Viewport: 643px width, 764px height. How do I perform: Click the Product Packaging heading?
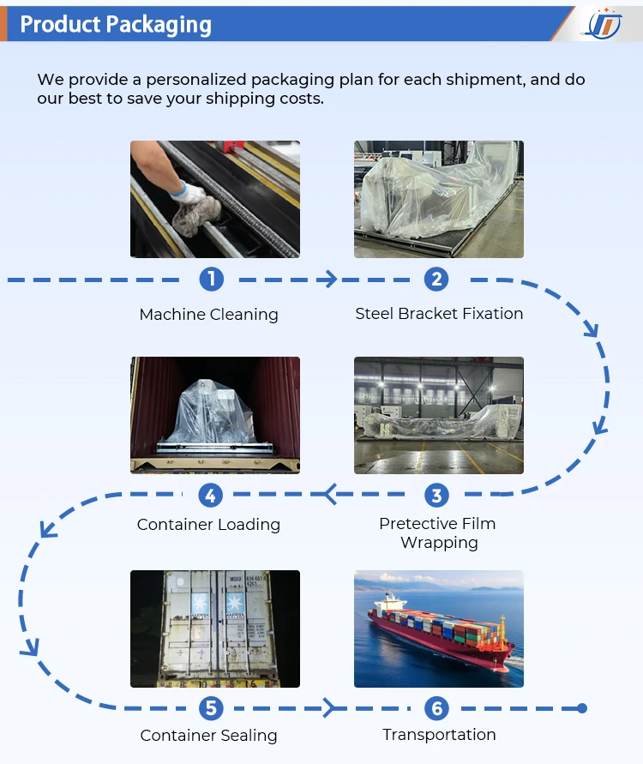(116, 24)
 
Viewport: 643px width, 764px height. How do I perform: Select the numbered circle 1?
(212, 279)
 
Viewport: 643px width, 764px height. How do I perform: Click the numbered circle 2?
(436, 279)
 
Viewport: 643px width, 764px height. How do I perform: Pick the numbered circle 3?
(436, 495)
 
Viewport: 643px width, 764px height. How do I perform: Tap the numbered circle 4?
(211, 495)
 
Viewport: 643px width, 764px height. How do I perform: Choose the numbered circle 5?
(211, 708)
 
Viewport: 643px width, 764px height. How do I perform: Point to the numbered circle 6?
(436, 708)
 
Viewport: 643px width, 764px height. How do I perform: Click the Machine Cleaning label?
(208, 315)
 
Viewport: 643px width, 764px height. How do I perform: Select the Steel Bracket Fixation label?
(439, 314)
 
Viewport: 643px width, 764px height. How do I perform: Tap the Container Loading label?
(208, 525)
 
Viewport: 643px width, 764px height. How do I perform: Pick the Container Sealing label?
(208, 736)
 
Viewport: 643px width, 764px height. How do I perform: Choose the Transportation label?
(439, 735)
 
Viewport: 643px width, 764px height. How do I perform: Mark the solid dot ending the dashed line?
(582, 708)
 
